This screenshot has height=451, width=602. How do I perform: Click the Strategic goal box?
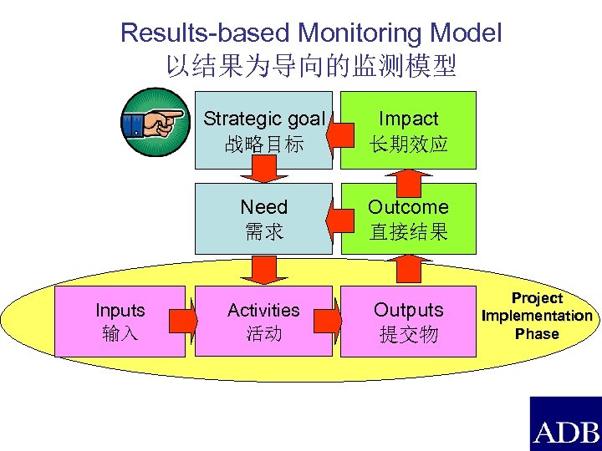click(263, 130)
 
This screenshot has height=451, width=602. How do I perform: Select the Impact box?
click(409, 130)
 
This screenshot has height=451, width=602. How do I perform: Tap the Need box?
click(263, 219)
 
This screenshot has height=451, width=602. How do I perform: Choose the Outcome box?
click(409, 219)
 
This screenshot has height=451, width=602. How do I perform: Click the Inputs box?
click(120, 322)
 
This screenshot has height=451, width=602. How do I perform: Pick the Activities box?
click(263, 322)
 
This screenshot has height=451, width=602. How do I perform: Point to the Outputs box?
click(409, 322)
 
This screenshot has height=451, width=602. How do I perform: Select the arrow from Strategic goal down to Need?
click(263, 172)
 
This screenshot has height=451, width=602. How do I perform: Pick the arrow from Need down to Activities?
click(263, 269)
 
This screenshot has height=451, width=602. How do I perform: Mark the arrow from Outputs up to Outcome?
click(409, 269)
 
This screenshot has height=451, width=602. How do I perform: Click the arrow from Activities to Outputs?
click(334, 322)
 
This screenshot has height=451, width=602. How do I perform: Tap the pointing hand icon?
click(155, 123)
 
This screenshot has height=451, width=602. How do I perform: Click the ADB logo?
click(565, 423)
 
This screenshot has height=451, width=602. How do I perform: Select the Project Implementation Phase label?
click(537, 316)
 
